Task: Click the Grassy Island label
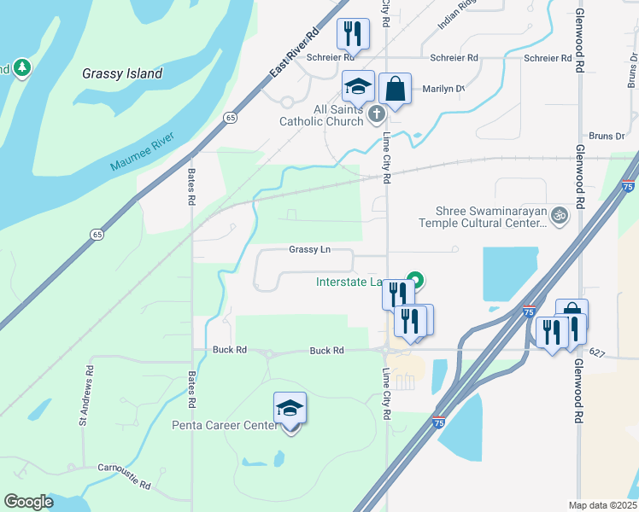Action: pyautogui.click(x=122, y=73)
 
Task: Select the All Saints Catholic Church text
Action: pyautogui.click(x=326, y=115)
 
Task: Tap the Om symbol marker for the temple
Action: pyautogui.click(x=560, y=213)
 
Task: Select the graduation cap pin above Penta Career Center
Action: pyautogui.click(x=290, y=409)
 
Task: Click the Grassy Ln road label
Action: pyautogui.click(x=309, y=250)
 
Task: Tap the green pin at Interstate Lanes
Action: pyautogui.click(x=416, y=280)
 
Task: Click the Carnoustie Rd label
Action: pyautogui.click(x=124, y=474)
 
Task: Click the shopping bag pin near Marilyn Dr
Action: pyautogui.click(x=396, y=88)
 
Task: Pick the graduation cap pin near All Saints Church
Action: pyautogui.click(x=359, y=85)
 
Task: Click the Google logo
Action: pyautogui.click(x=28, y=502)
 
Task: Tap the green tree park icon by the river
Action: pyautogui.click(x=21, y=67)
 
